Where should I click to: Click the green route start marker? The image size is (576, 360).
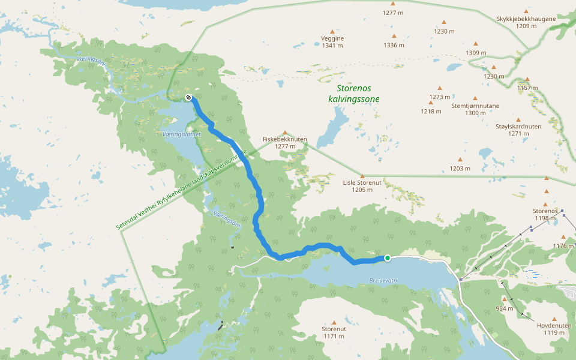click(x=388, y=258)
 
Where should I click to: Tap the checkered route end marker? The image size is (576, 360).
click(x=188, y=97)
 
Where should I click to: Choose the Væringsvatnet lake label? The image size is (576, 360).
click(x=181, y=135)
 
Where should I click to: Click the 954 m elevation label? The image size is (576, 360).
click(x=505, y=308)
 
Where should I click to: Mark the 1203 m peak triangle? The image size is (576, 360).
click(x=460, y=160)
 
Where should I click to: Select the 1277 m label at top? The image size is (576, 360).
click(x=394, y=12)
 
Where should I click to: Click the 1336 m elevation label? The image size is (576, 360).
click(x=394, y=45)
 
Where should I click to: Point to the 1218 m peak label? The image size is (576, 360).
click(x=430, y=111)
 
